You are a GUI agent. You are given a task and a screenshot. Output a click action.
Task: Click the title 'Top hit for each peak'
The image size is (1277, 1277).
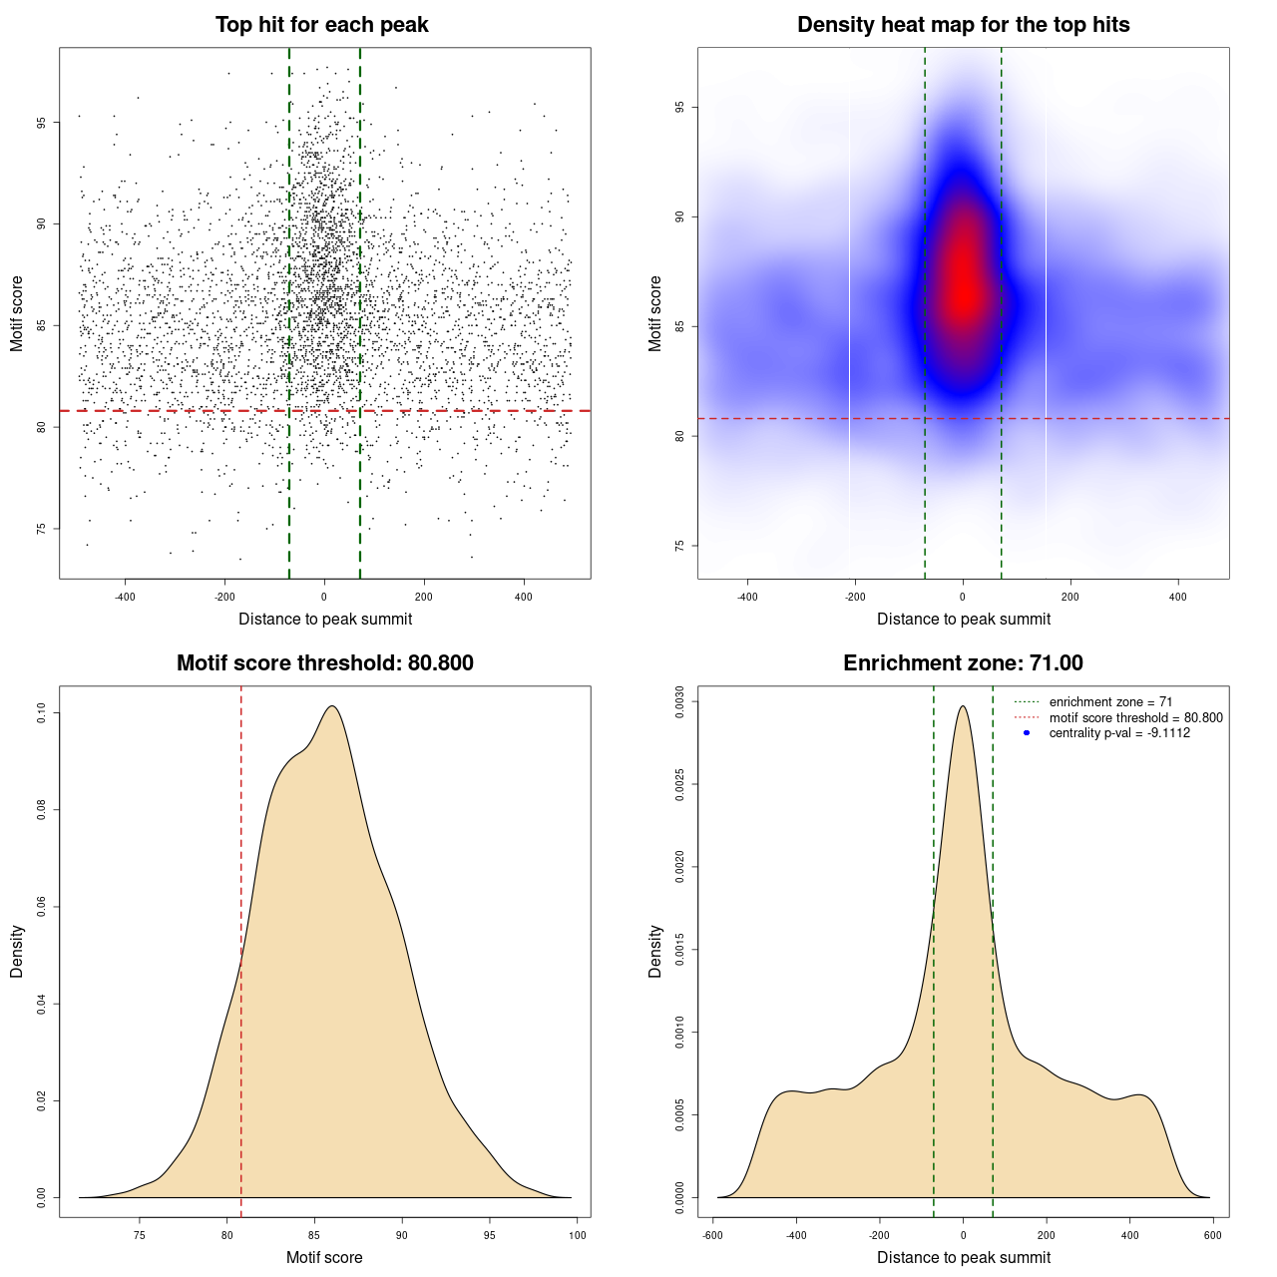[x=321, y=25]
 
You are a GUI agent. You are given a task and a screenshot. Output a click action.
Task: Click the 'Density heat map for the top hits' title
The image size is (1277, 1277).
[x=963, y=25]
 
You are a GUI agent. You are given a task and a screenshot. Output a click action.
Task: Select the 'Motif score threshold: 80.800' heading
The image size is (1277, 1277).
[x=324, y=663]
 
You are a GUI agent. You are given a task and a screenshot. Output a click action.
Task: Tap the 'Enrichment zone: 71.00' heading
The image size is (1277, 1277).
[x=963, y=663]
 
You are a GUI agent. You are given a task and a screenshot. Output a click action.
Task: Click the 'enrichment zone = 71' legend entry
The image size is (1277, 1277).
[x=1110, y=702]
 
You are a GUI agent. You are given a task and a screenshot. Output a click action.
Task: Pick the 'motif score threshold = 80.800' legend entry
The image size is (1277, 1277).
[x=1135, y=717]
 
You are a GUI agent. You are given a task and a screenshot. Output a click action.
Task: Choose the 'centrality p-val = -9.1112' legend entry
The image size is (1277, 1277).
[x=1119, y=733]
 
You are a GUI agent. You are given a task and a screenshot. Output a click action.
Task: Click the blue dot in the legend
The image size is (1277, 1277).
[x=1027, y=733]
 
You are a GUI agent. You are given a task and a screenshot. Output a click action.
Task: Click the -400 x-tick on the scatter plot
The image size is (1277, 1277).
[x=125, y=597]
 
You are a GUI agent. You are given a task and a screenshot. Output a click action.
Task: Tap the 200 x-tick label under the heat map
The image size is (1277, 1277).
[x=1070, y=597]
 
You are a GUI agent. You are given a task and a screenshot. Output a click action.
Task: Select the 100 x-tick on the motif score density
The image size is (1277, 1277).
[x=578, y=1235]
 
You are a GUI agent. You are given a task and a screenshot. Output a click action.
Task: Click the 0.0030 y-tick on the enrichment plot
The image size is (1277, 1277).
[x=679, y=702]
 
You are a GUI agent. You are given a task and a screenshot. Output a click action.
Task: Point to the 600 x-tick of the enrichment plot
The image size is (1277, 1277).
[x=1212, y=1235]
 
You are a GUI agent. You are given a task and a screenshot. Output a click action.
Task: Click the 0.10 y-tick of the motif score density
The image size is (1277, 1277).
[x=41, y=713]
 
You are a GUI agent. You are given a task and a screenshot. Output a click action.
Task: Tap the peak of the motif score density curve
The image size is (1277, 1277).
[x=332, y=706]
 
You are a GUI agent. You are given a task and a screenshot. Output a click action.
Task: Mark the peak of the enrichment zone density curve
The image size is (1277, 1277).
[x=963, y=706]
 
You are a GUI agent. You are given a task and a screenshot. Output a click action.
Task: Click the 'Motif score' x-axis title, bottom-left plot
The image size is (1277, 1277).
[x=324, y=1257]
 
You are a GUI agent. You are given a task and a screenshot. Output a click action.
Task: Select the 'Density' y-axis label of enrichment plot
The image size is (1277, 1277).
[x=655, y=951]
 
